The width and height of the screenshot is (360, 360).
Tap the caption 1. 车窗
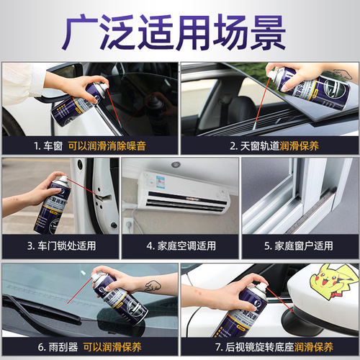tap(48, 145)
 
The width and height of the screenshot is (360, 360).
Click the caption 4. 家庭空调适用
tap(180, 246)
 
